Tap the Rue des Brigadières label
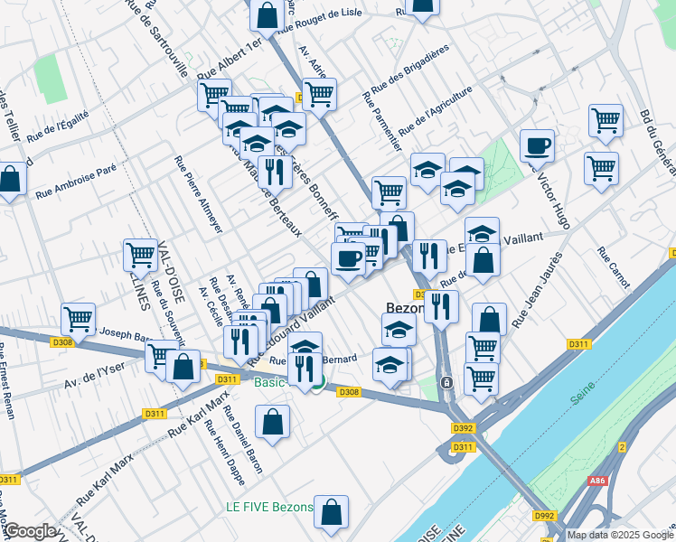point(408,74)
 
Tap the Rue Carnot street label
point(613,267)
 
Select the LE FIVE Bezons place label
point(269,507)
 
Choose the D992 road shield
point(544,516)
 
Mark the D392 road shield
point(463,429)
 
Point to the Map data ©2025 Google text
point(619,535)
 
